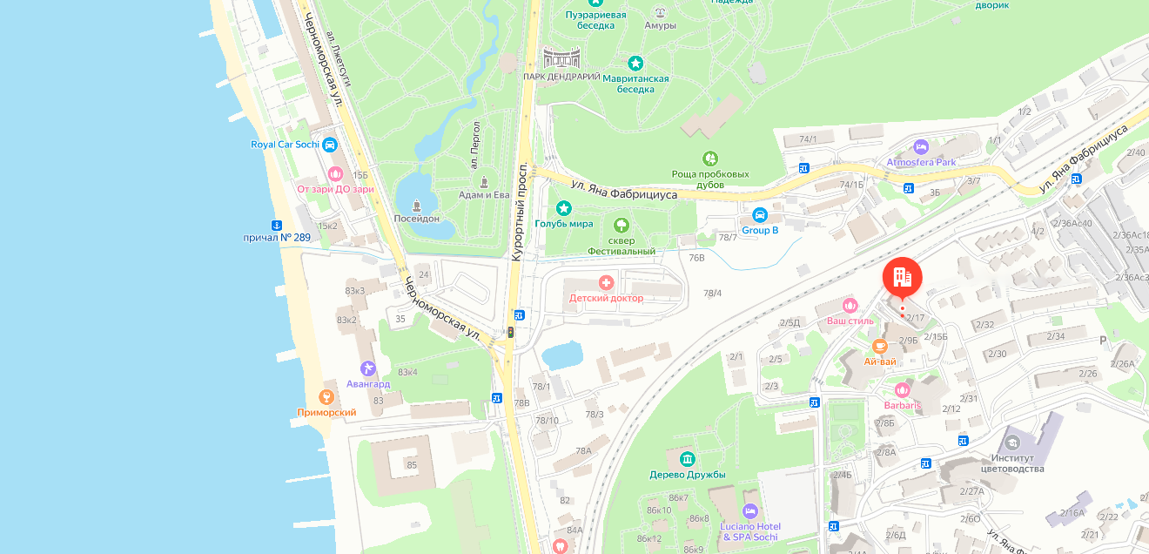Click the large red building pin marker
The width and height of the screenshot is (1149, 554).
[x=902, y=278]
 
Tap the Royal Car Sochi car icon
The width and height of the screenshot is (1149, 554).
[x=329, y=145]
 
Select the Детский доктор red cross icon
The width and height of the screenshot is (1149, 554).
[x=606, y=282]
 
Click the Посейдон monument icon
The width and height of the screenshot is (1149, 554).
[x=416, y=205]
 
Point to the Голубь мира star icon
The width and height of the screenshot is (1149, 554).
[x=564, y=208]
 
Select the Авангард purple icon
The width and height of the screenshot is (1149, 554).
[x=368, y=368]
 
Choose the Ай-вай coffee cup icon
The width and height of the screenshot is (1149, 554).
[x=880, y=346]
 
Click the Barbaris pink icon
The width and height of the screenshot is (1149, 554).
[x=902, y=389]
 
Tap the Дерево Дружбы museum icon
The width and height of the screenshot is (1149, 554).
[x=688, y=459]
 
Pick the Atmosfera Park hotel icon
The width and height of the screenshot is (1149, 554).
[x=921, y=146]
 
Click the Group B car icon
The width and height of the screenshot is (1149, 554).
[x=759, y=214]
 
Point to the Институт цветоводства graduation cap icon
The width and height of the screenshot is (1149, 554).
[x=1011, y=443]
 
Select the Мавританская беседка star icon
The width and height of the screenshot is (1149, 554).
[x=635, y=64]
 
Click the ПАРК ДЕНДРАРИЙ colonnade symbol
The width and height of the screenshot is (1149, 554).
[x=561, y=58]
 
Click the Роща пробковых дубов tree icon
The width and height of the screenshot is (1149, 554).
[x=710, y=159]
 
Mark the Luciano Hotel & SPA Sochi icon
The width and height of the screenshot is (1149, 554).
[x=749, y=510]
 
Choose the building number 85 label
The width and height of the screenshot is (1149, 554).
[x=412, y=465]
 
